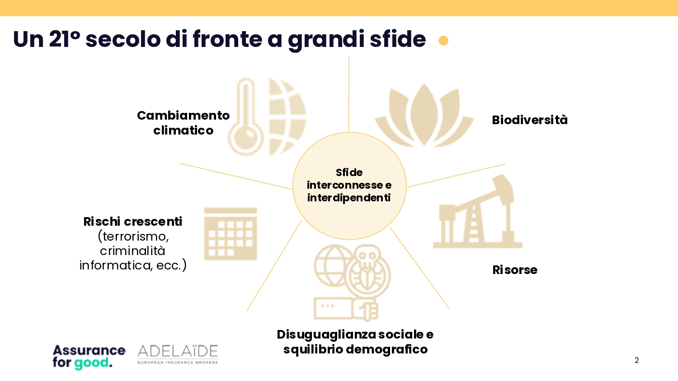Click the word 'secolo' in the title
[x=123, y=39]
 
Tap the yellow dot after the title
[x=443, y=41]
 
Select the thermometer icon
[x=245, y=117]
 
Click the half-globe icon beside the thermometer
[x=287, y=117]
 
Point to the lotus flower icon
[x=424, y=115]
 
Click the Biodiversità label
[x=530, y=120]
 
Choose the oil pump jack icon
[x=478, y=211]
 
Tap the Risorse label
[x=515, y=269]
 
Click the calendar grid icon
[x=231, y=234]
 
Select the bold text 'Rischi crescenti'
[x=132, y=222]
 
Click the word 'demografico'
[x=387, y=349]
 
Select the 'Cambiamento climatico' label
[x=183, y=123]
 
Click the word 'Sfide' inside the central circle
[x=349, y=172]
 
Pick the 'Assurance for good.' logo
[x=89, y=357]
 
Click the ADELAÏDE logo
[x=178, y=354]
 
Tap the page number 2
[x=637, y=360]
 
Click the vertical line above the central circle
[x=348, y=94]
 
